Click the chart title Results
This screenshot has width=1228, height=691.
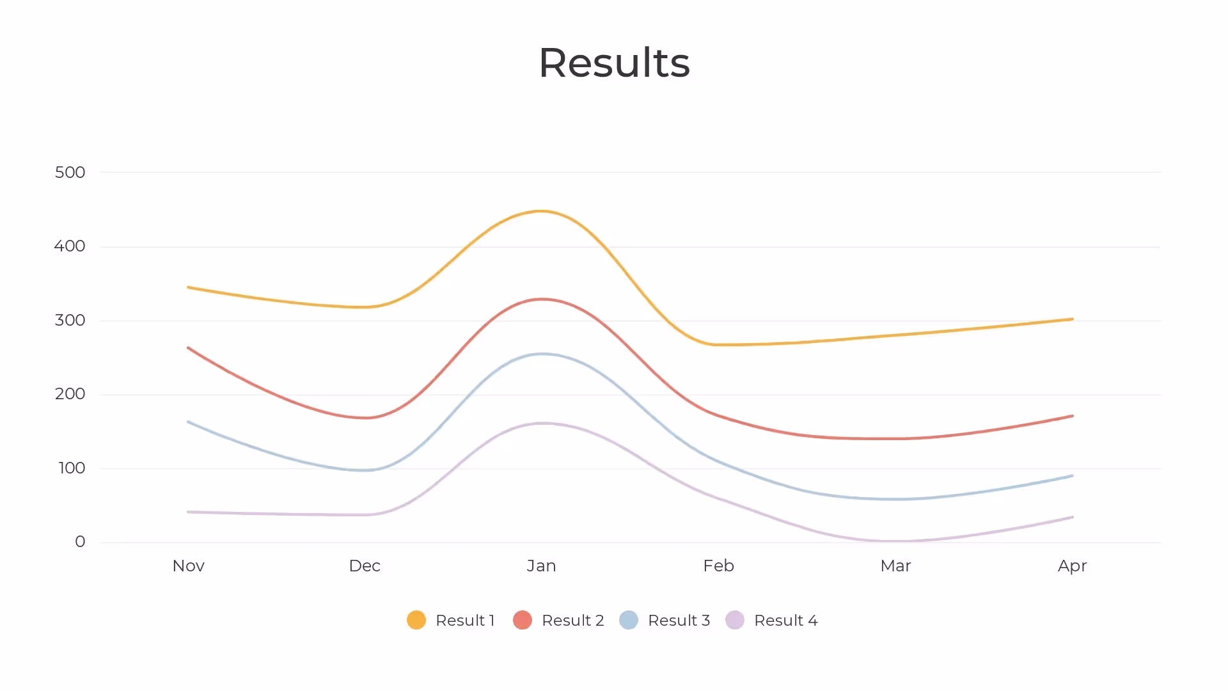614,63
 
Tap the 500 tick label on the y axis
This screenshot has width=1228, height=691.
70,172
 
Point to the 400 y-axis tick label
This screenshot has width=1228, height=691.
69,246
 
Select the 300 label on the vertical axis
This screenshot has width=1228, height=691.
70,320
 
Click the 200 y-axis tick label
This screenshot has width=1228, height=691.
70,394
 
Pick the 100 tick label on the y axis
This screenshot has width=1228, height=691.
72,468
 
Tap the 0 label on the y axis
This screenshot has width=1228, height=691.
80,542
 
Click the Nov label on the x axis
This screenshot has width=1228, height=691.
188,566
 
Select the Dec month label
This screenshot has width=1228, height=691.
365,566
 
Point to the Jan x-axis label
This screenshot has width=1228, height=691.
541,566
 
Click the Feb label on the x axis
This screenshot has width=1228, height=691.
718,566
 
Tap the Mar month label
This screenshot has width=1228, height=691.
895,566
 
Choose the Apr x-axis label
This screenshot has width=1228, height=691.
1072,566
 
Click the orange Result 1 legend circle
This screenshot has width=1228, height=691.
416,620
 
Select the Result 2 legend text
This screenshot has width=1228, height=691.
572,620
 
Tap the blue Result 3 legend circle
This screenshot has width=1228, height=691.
629,620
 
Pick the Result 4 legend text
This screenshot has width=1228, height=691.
785,620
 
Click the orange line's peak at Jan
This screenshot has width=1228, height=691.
541,211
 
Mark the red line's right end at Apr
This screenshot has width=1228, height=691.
1072,417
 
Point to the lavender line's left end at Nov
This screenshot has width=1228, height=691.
189,512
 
